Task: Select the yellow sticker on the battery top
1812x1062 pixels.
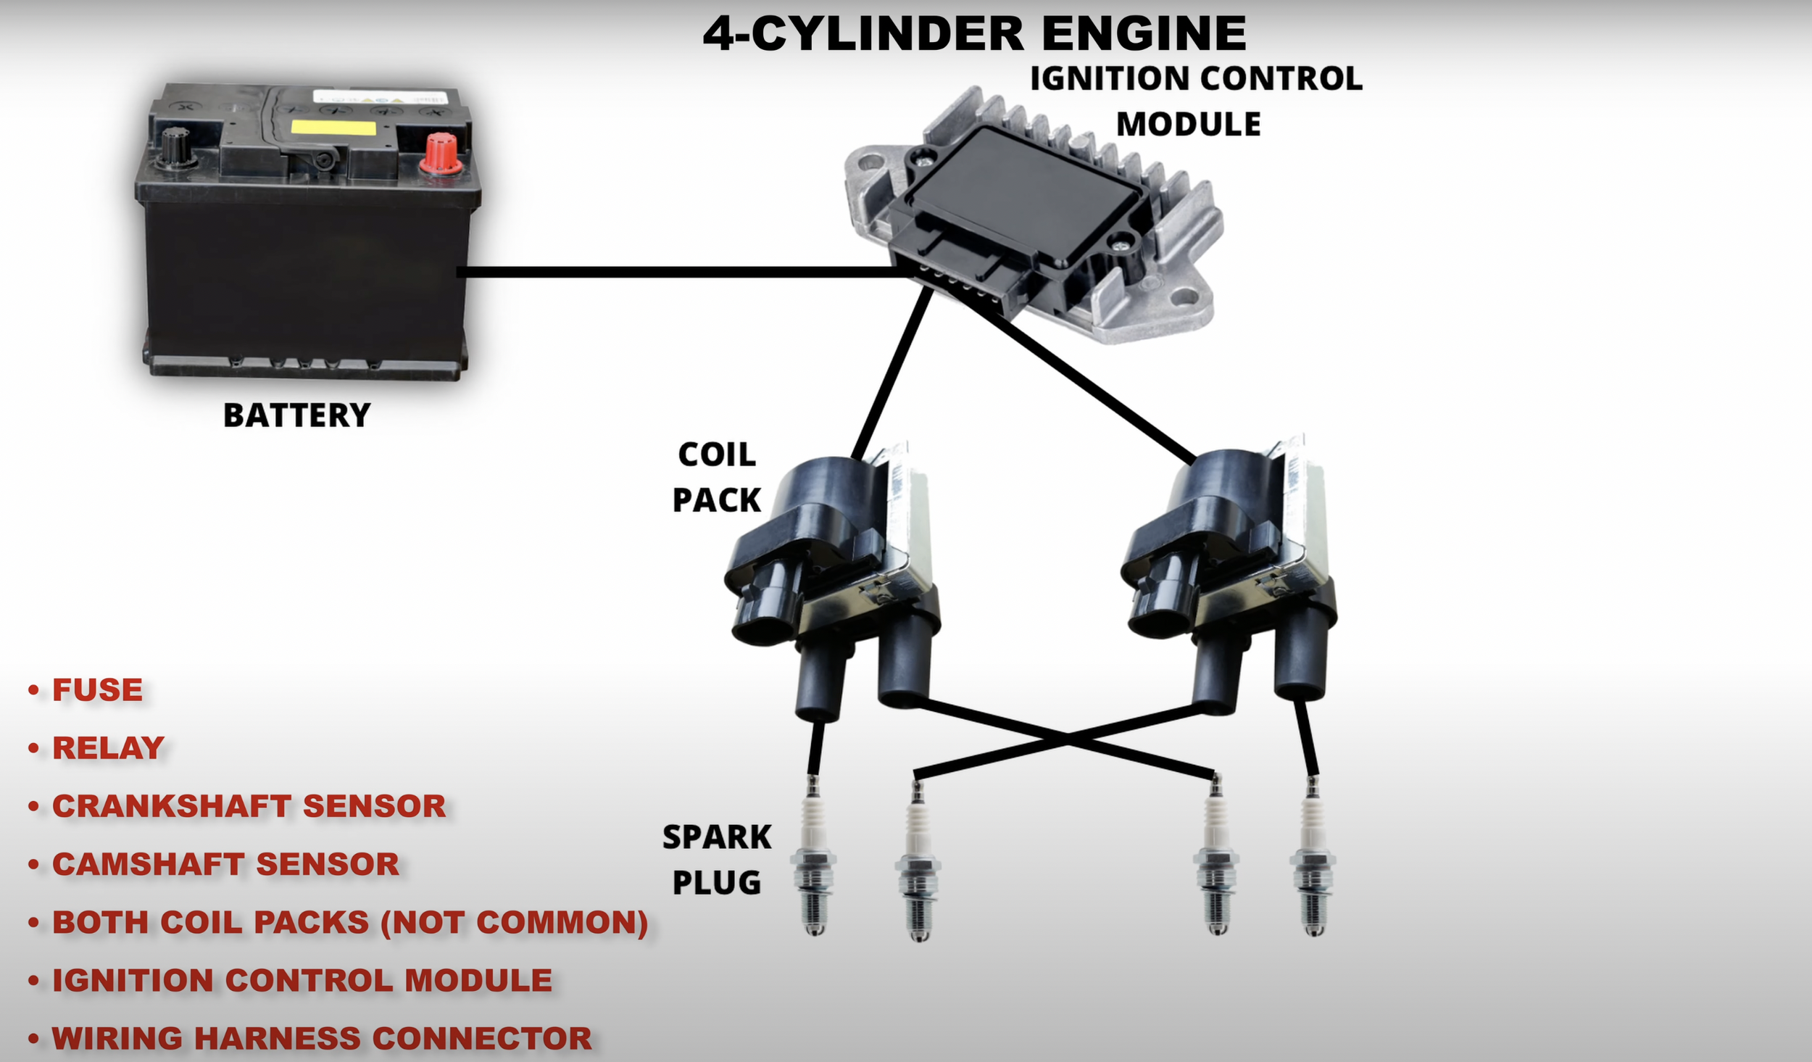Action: click(x=333, y=128)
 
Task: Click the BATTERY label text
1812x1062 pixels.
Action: click(x=296, y=416)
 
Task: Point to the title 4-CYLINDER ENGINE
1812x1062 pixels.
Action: click(x=974, y=34)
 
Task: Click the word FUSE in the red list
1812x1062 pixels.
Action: click(x=98, y=690)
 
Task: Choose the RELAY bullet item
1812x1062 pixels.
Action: click(x=109, y=748)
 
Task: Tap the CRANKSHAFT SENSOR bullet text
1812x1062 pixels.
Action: click(x=249, y=806)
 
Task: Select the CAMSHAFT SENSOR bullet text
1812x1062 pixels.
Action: click(x=225, y=864)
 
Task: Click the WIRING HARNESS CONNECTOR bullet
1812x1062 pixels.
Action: click(x=322, y=1038)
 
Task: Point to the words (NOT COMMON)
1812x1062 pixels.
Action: click(x=515, y=922)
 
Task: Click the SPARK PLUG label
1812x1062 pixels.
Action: click(x=717, y=860)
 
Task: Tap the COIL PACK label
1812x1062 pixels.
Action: click(x=717, y=477)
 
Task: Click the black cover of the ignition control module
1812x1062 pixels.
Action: click(x=1022, y=185)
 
